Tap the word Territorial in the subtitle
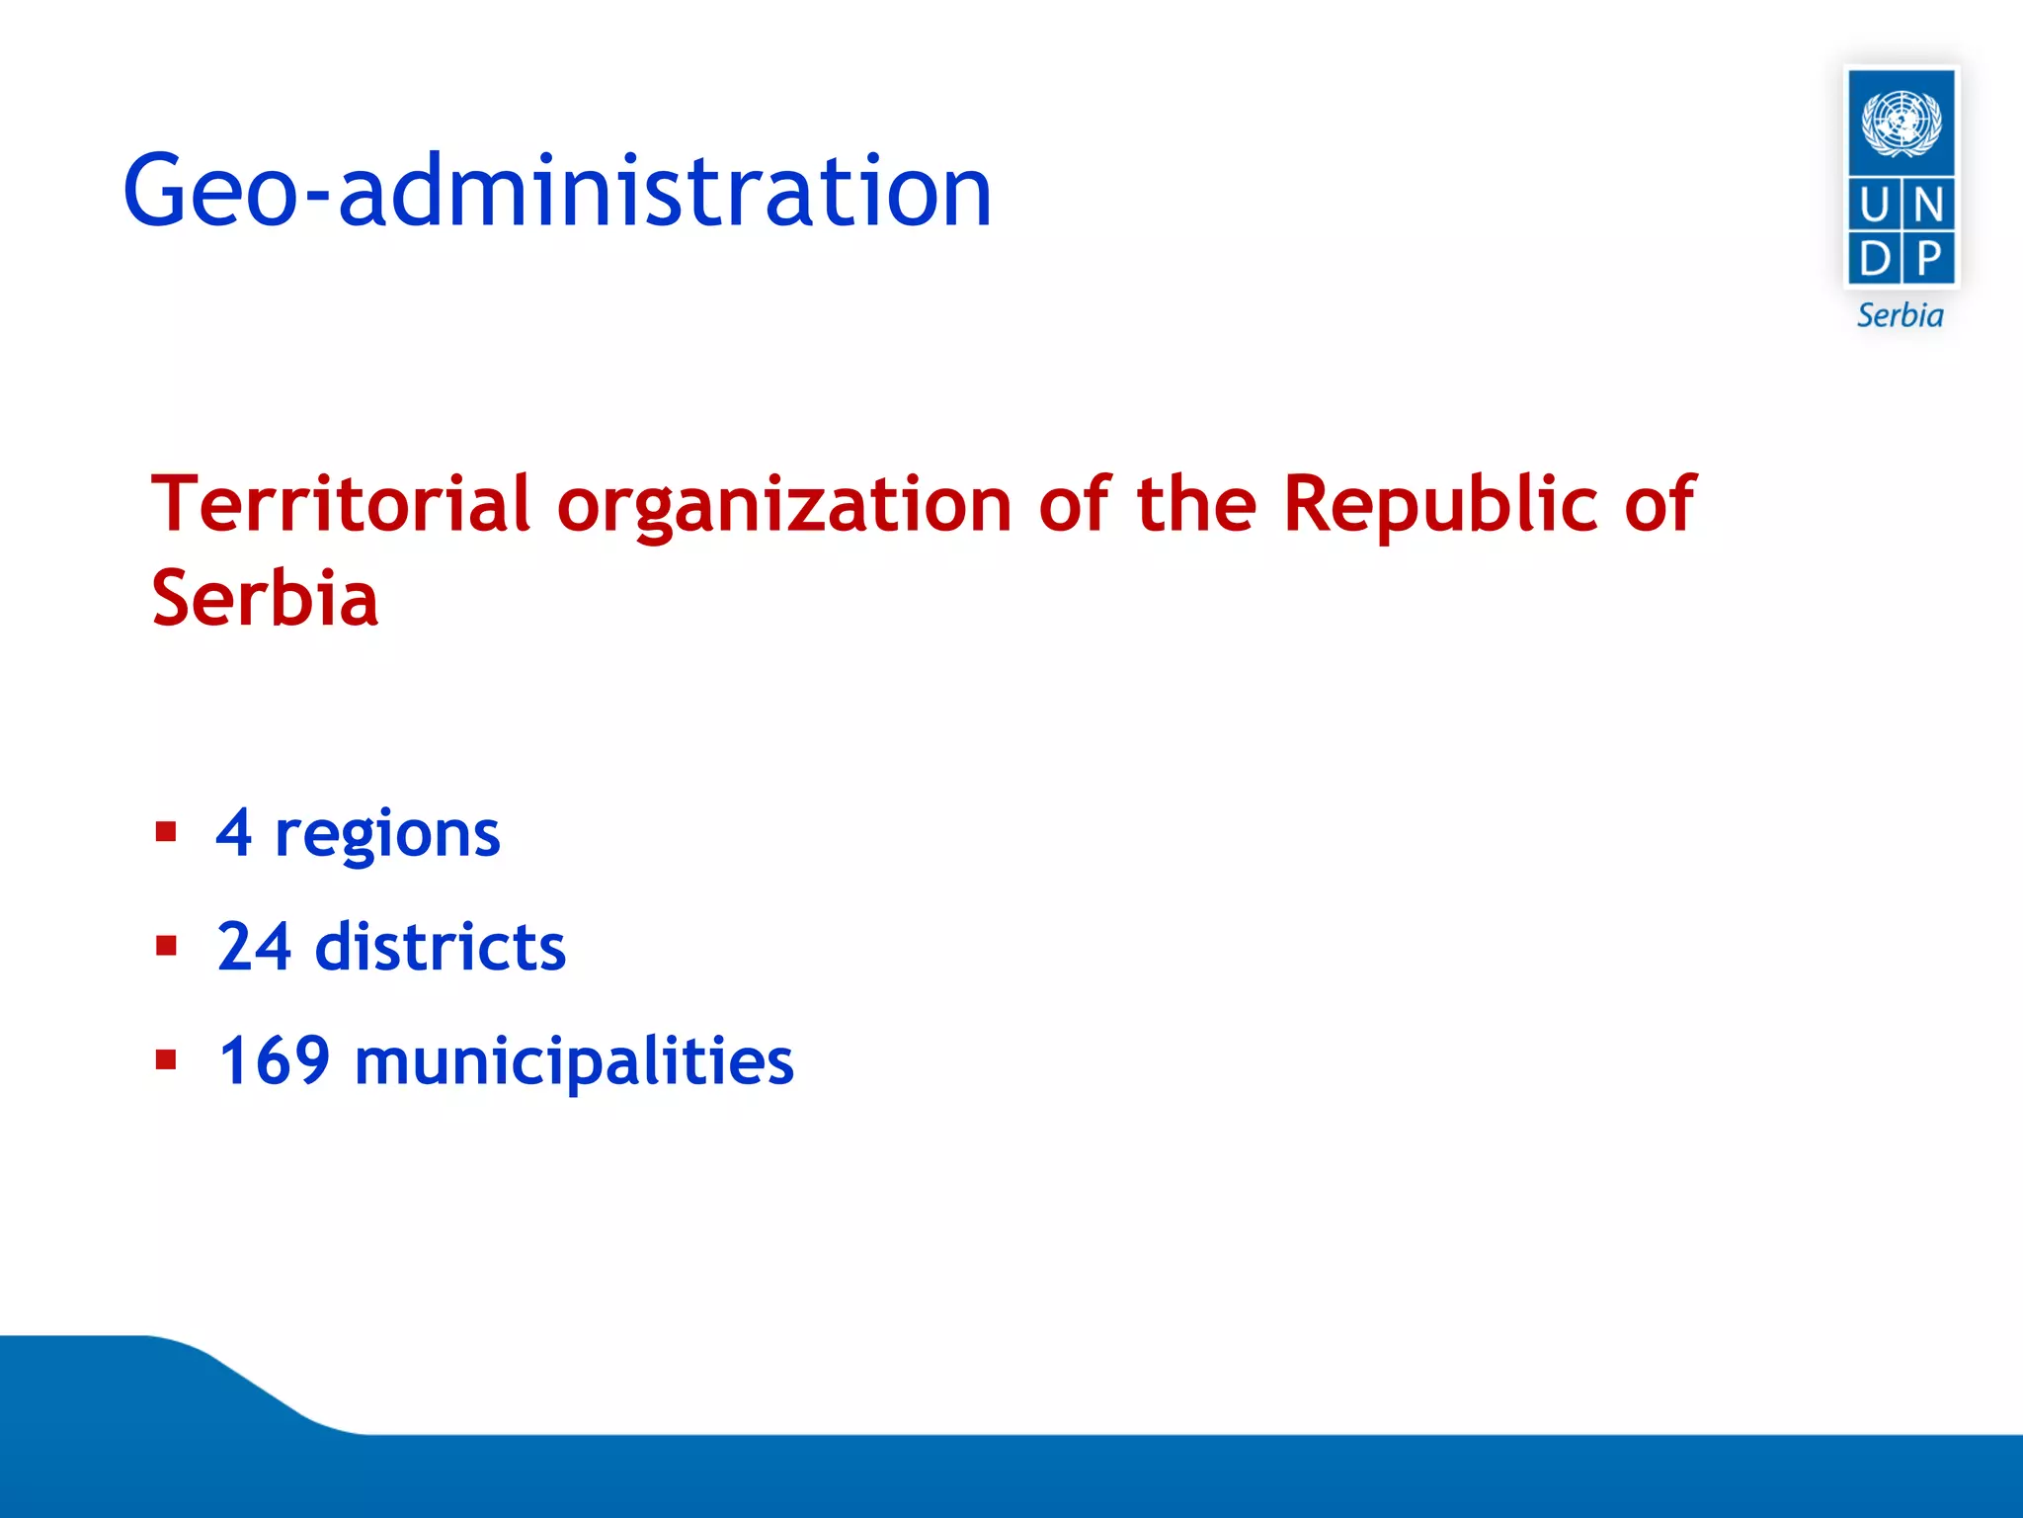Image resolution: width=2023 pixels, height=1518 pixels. click(341, 504)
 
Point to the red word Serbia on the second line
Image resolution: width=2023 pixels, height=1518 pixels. click(265, 599)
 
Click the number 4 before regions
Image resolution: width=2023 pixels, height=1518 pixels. click(234, 832)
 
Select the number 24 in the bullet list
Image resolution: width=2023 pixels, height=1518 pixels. click(254, 947)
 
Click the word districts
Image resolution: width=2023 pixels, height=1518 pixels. click(441, 947)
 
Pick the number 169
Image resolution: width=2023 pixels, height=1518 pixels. click(274, 1060)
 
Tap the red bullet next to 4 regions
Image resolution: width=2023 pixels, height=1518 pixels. click(166, 832)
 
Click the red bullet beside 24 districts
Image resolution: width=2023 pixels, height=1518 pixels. click(166, 947)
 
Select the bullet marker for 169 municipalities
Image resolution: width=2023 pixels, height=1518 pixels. click(166, 1060)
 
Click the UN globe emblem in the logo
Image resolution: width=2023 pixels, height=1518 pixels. click(1901, 123)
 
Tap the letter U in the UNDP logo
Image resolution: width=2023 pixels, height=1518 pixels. click(1874, 206)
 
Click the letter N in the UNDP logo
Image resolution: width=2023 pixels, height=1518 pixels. click(1928, 206)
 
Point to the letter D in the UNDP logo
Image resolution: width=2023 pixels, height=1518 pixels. click(1874, 259)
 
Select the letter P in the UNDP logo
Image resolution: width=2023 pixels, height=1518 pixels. click(1928, 259)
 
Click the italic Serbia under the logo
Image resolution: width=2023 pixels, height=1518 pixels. click(1900, 315)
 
